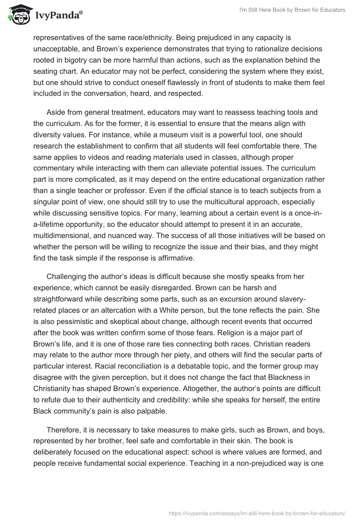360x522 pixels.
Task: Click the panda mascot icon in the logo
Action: click(x=17, y=15)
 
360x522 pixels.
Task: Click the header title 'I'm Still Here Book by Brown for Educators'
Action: click(x=291, y=10)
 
